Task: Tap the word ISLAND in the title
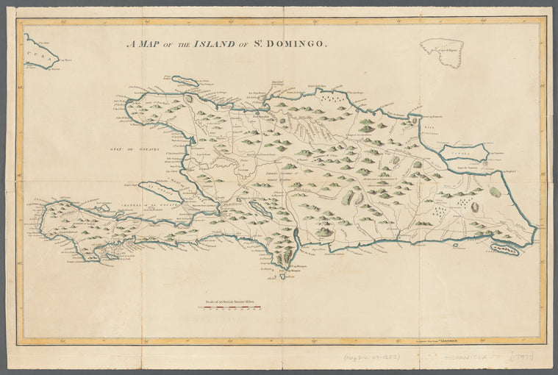coord(212,43)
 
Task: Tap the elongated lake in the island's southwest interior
coord(259,210)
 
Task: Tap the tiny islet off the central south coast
coord(457,246)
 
